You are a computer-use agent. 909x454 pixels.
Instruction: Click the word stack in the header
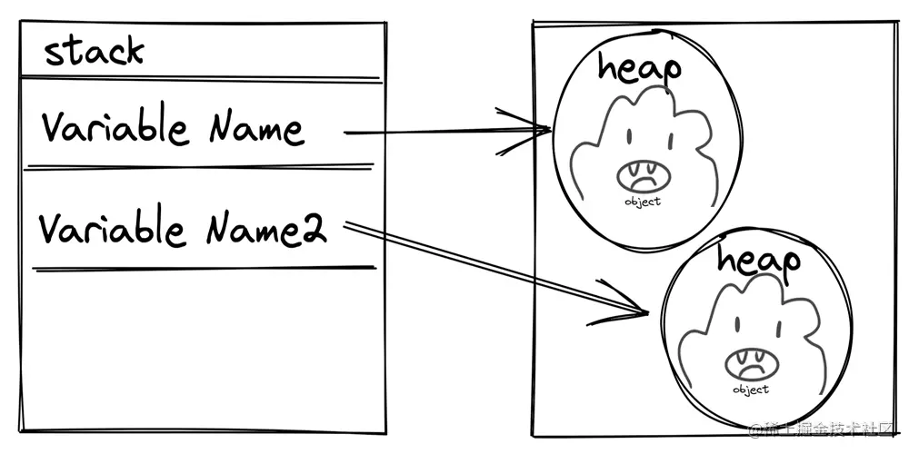point(94,52)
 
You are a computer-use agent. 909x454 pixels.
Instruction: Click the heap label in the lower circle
point(759,261)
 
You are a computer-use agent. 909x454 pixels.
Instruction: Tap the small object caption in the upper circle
point(643,201)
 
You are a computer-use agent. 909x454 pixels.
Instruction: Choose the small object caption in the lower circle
point(750,390)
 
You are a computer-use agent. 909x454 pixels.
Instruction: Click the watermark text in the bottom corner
point(823,429)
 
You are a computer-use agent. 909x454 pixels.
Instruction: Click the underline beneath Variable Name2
point(205,268)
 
